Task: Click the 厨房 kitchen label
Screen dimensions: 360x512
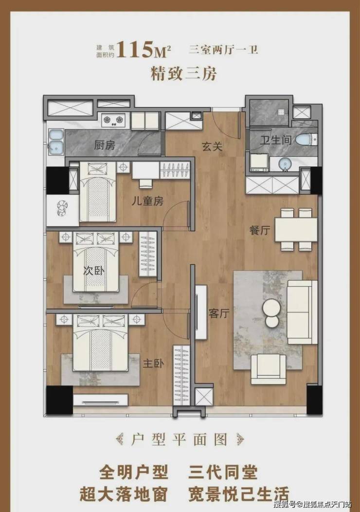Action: [x=105, y=145]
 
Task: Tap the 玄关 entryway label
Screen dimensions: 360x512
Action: [x=212, y=146]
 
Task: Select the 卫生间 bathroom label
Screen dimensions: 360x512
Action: [x=275, y=140]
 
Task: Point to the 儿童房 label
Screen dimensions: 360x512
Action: [x=147, y=201]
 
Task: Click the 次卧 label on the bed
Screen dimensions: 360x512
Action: [x=94, y=271]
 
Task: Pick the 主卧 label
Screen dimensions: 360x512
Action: [x=153, y=364]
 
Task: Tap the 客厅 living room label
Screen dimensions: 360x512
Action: [x=219, y=313]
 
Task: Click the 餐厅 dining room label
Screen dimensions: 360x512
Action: [x=260, y=230]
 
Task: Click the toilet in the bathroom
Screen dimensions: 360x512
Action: [x=306, y=140]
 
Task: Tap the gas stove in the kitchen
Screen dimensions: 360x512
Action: [x=113, y=120]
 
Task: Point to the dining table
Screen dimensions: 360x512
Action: [x=296, y=230]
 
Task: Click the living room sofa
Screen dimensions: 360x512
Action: [x=302, y=312]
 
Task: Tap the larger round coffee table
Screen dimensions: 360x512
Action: [x=271, y=307]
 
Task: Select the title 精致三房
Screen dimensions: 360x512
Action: [x=183, y=73]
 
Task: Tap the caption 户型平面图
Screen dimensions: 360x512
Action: [x=180, y=440]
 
